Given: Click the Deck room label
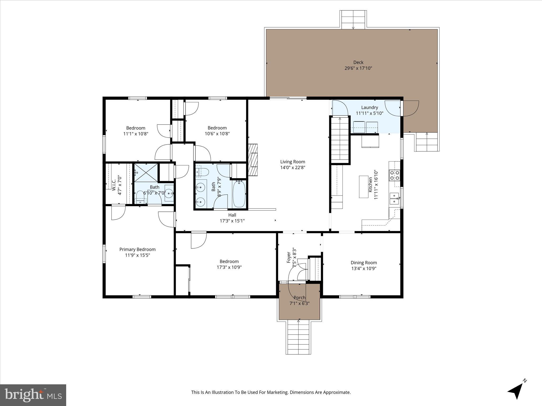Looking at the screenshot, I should tap(358, 62).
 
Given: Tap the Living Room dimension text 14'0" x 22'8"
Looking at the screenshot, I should tap(293, 167).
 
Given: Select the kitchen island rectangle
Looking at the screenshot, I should tap(364, 187).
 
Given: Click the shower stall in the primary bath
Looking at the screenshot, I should tap(146, 173).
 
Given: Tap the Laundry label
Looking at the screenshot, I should tap(369, 107).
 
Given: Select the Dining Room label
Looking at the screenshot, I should tap(364, 262).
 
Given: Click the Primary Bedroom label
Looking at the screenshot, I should tap(137, 249).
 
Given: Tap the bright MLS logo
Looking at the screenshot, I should tap(33, 395).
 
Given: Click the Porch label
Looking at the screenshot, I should tap(299, 298).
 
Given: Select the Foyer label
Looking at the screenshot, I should tap(289, 257).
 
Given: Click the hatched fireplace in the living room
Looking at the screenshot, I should tap(253, 160).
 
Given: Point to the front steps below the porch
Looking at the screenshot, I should tap(299, 337).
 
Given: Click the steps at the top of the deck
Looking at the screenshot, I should tap(353, 20).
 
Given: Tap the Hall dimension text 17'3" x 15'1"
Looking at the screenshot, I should tap(232, 221).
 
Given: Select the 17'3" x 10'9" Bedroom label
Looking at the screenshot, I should tap(229, 261).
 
